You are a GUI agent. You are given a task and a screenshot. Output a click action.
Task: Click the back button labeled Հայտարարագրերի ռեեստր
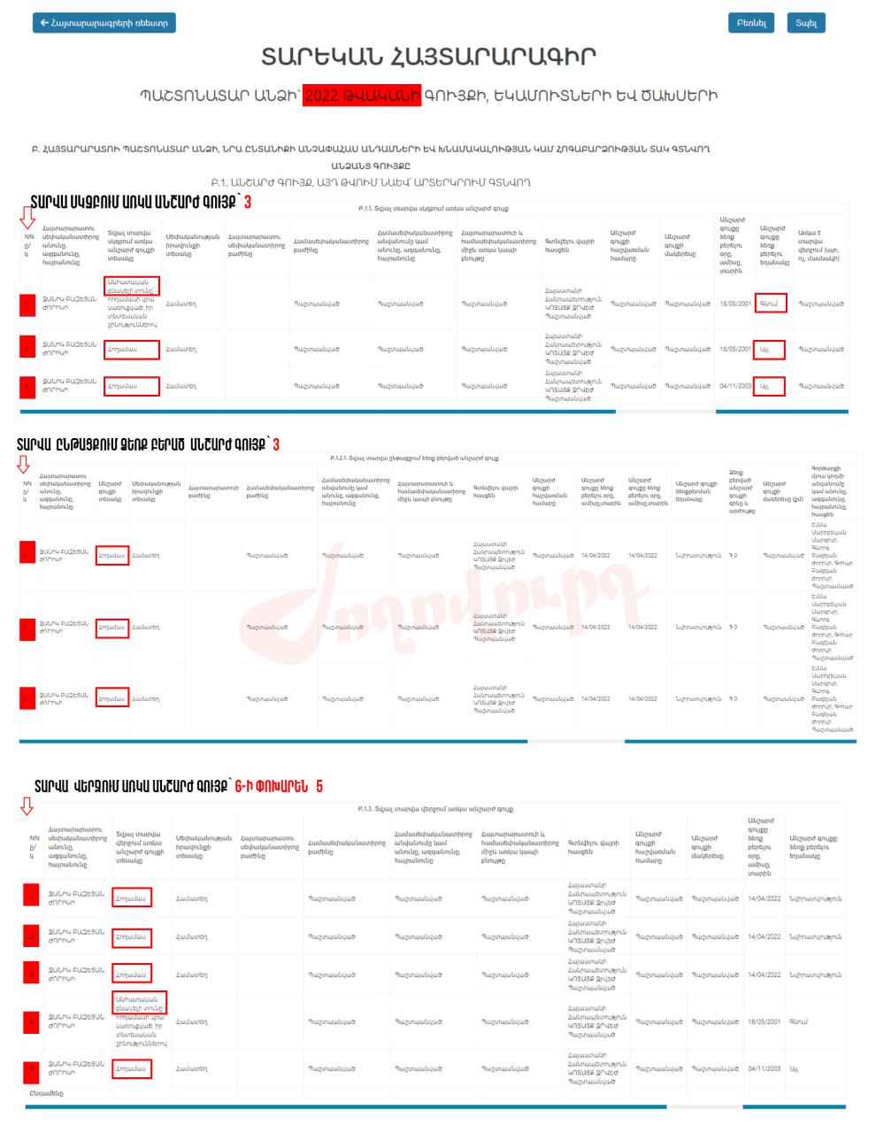104,23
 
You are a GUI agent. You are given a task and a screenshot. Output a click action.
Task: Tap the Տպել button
805,23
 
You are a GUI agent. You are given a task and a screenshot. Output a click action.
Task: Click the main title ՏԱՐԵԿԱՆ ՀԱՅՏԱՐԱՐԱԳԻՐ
428,57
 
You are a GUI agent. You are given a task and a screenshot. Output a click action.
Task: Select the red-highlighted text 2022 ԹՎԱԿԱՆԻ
362,96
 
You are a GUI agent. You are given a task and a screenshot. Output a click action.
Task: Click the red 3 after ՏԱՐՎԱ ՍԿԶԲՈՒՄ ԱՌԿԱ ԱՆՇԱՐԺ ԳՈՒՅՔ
248,203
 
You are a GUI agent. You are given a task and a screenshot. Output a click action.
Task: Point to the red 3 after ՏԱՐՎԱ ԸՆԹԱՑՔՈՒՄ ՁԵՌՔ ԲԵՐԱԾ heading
276,444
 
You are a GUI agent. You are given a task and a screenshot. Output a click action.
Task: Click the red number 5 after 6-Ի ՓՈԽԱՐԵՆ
319,786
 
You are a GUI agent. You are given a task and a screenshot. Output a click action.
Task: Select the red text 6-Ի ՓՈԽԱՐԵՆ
272,786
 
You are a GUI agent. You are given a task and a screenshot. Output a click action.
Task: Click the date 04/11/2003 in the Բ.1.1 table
735,386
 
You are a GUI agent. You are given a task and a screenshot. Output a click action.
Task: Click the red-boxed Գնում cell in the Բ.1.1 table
770,303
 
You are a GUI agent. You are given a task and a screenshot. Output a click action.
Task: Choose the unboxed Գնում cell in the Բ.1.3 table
799,1021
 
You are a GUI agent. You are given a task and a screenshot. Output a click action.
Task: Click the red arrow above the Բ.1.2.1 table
23,464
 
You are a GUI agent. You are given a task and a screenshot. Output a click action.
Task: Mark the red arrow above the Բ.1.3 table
27,805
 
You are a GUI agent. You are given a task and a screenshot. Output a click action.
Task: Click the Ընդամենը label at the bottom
46,1093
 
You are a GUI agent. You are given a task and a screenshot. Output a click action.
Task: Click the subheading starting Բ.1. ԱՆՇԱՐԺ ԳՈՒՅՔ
371,182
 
